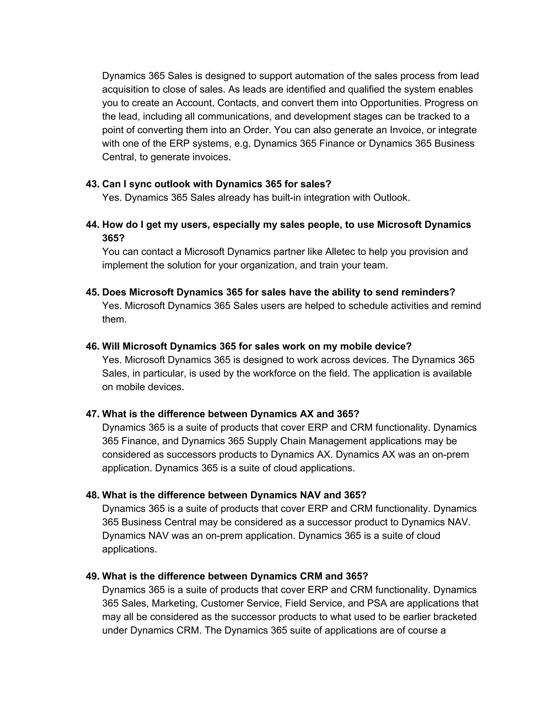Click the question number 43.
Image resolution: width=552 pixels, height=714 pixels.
point(92,184)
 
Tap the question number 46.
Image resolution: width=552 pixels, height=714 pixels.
point(92,346)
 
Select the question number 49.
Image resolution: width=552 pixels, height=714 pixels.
point(92,576)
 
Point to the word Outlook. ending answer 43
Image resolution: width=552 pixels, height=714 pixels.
point(391,198)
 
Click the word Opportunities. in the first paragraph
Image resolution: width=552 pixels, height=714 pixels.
point(391,103)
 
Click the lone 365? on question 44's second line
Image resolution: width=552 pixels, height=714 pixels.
point(113,238)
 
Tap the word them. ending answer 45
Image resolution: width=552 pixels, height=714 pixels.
point(114,319)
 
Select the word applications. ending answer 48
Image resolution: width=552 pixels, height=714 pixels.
point(129,549)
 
